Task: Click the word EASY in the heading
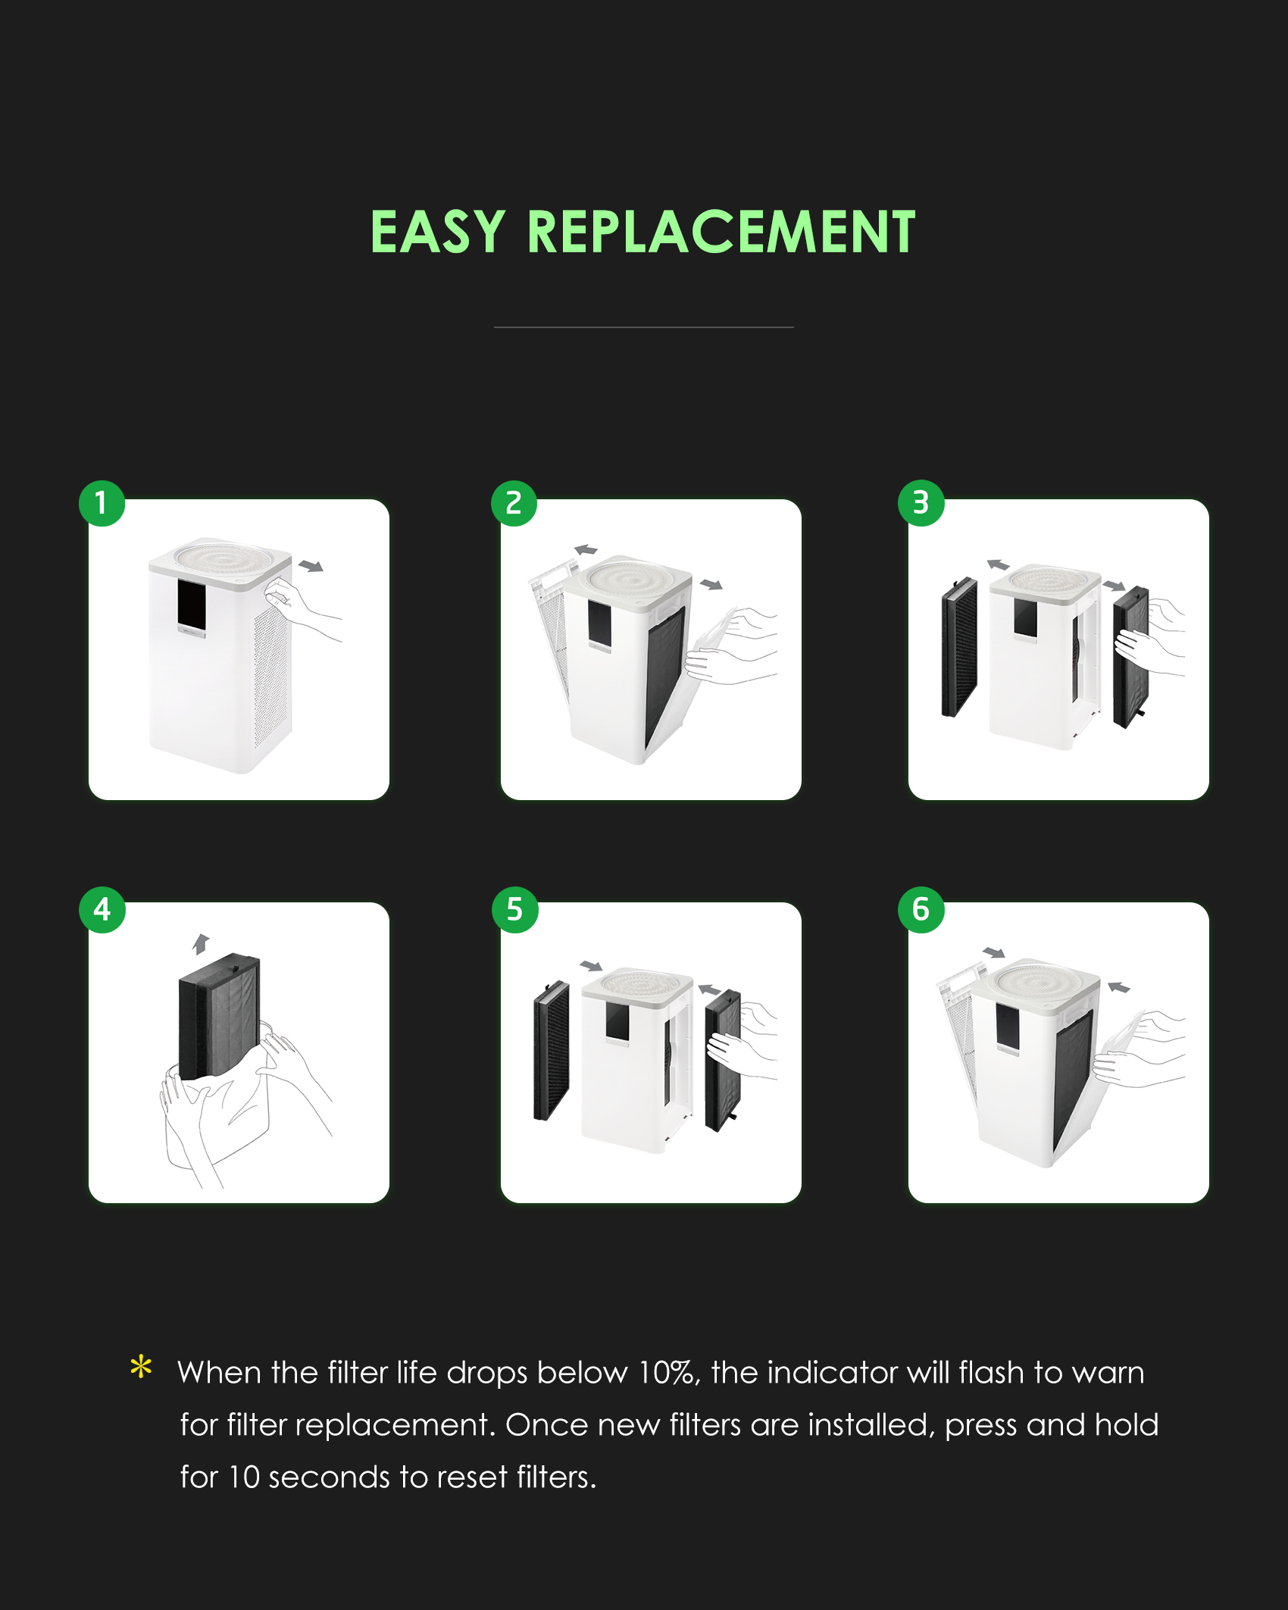pyautogui.click(x=437, y=232)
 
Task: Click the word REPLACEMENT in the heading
pyautogui.click(x=721, y=232)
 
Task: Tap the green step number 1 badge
pyautogui.click(x=102, y=503)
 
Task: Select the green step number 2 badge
pyautogui.click(x=514, y=503)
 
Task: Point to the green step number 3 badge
pyautogui.click(x=921, y=502)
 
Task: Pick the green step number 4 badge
pyautogui.click(x=102, y=909)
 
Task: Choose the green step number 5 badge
pyautogui.click(x=514, y=909)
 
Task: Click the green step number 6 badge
pyautogui.click(x=921, y=909)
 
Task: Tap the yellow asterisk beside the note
pyautogui.click(x=141, y=1368)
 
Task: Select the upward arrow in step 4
pyautogui.click(x=200, y=943)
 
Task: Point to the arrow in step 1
pyautogui.click(x=311, y=566)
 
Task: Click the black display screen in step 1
pyautogui.click(x=192, y=605)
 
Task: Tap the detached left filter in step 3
pyautogui.click(x=958, y=646)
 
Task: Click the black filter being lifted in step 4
pyautogui.click(x=220, y=1014)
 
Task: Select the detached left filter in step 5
pyautogui.click(x=551, y=1050)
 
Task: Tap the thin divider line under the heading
pyautogui.click(x=644, y=327)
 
